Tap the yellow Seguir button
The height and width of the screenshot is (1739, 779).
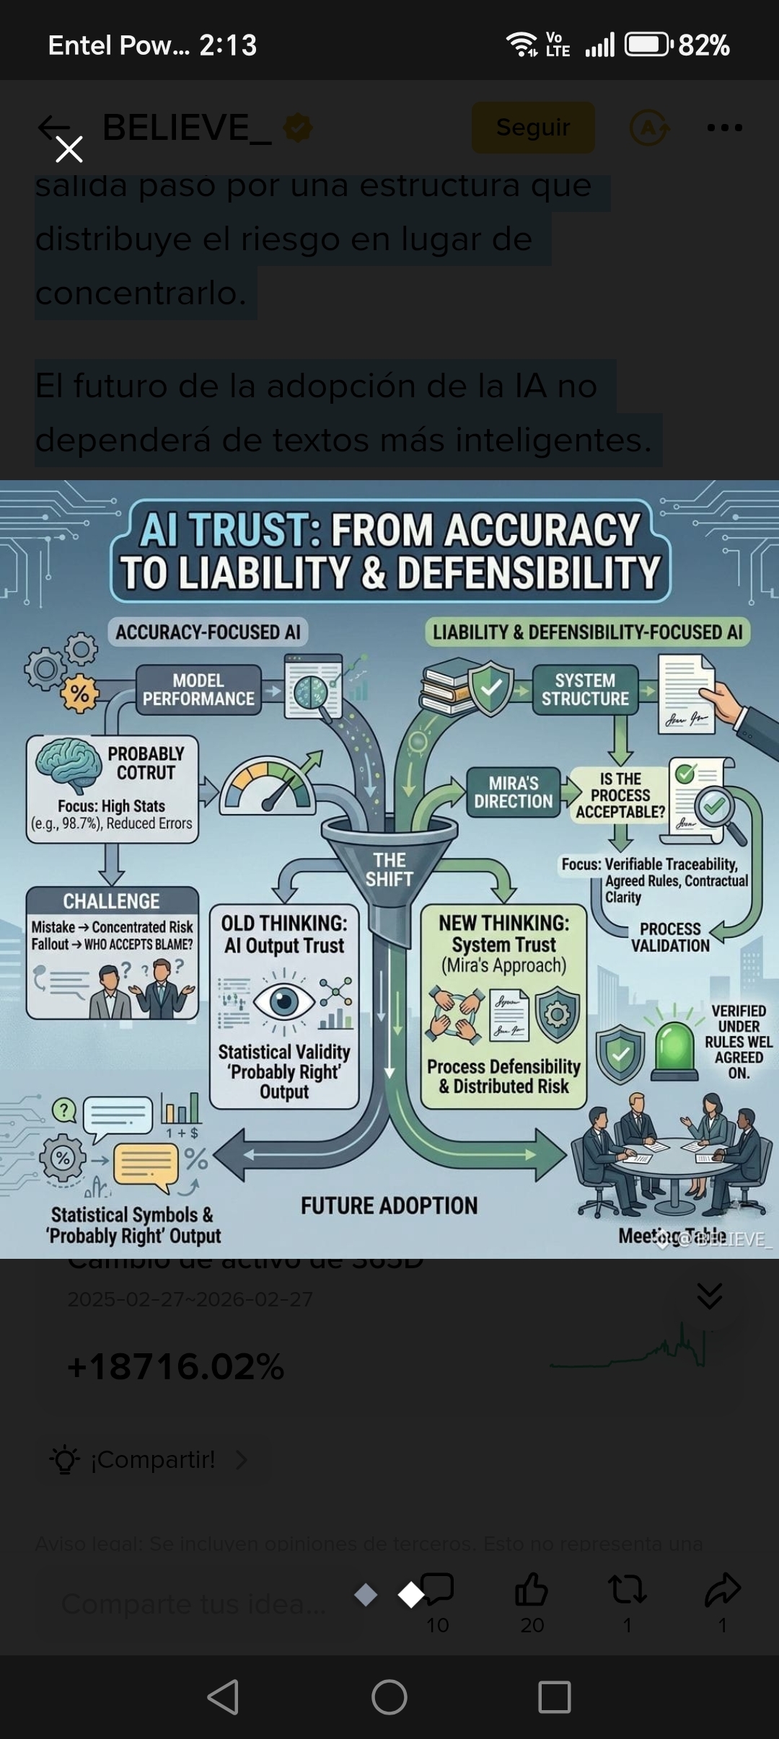533,128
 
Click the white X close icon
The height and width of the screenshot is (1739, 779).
69,149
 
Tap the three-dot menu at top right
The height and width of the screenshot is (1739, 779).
724,128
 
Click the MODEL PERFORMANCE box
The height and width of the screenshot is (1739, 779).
198,690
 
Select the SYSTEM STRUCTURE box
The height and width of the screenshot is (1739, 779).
585,690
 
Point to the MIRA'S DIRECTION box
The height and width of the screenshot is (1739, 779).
513,792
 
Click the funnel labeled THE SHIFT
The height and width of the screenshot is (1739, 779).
389,862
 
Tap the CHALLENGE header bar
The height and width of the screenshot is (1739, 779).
112,901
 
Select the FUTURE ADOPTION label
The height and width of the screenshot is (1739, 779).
389,1205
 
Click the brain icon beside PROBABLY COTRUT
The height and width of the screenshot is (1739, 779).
69,766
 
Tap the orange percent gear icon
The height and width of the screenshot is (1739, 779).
79,695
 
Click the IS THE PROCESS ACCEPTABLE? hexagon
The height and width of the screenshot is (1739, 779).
620,795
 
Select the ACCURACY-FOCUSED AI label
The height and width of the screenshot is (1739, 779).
208,632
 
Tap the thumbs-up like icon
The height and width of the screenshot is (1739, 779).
532,1589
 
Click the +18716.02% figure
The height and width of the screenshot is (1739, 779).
176,1367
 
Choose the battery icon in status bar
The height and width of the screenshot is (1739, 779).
647,45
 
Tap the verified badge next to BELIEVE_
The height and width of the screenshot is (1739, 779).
298,128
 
